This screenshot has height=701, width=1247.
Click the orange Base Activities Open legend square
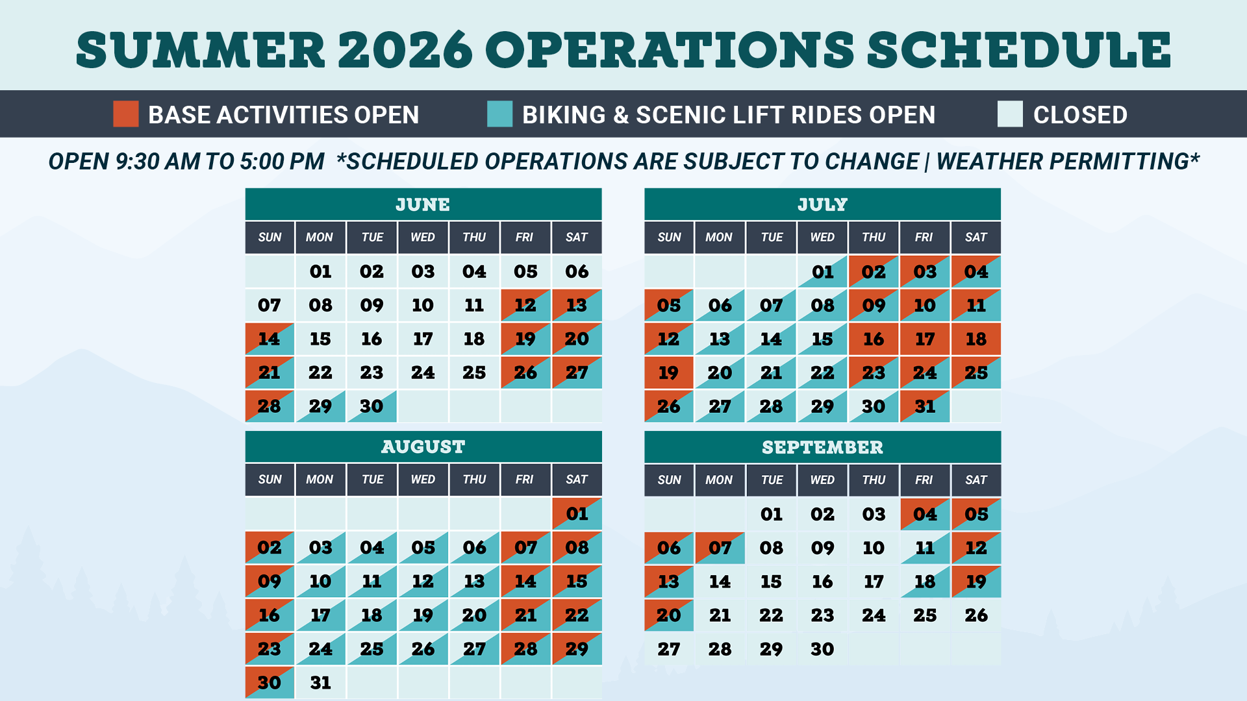coord(126,114)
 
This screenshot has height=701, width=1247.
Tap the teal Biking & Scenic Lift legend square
coord(500,114)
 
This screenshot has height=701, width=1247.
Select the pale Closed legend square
coord(1010,114)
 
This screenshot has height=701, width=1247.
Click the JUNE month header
coord(423,204)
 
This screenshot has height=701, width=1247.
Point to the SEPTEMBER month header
coord(822,447)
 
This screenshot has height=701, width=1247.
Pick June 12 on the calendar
coord(525,305)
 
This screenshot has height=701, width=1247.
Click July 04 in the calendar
coord(976,271)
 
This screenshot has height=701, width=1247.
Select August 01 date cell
coord(577,514)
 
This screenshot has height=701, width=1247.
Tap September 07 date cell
coord(720,548)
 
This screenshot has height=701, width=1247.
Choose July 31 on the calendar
coord(925,406)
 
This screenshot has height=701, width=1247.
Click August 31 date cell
coord(320,683)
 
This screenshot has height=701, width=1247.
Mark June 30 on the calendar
coord(372,406)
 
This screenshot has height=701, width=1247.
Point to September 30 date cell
coord(822,649)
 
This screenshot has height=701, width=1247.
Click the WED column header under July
coord(822,238)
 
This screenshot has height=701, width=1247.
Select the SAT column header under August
coord(577,480)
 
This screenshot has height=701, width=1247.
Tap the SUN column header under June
coord(270,238)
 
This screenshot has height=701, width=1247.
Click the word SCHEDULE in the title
coord(1019,50)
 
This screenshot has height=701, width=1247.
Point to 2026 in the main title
coord(405,50)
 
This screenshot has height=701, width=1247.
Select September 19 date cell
coord(976,582)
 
